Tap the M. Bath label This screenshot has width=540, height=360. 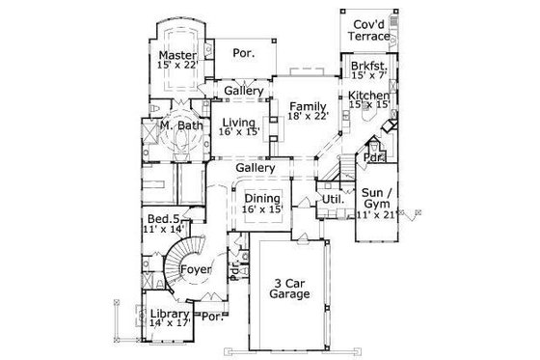tap(179, 125)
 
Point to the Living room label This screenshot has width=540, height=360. tap(237, 123)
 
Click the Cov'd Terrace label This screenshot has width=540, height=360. tap(370, 29)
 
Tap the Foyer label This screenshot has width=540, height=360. tap(196, 270)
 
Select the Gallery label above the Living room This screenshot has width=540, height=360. tap(245, 92)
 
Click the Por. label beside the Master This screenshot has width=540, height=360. tap(244, 54)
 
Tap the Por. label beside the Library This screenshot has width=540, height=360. tap(211, 316)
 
